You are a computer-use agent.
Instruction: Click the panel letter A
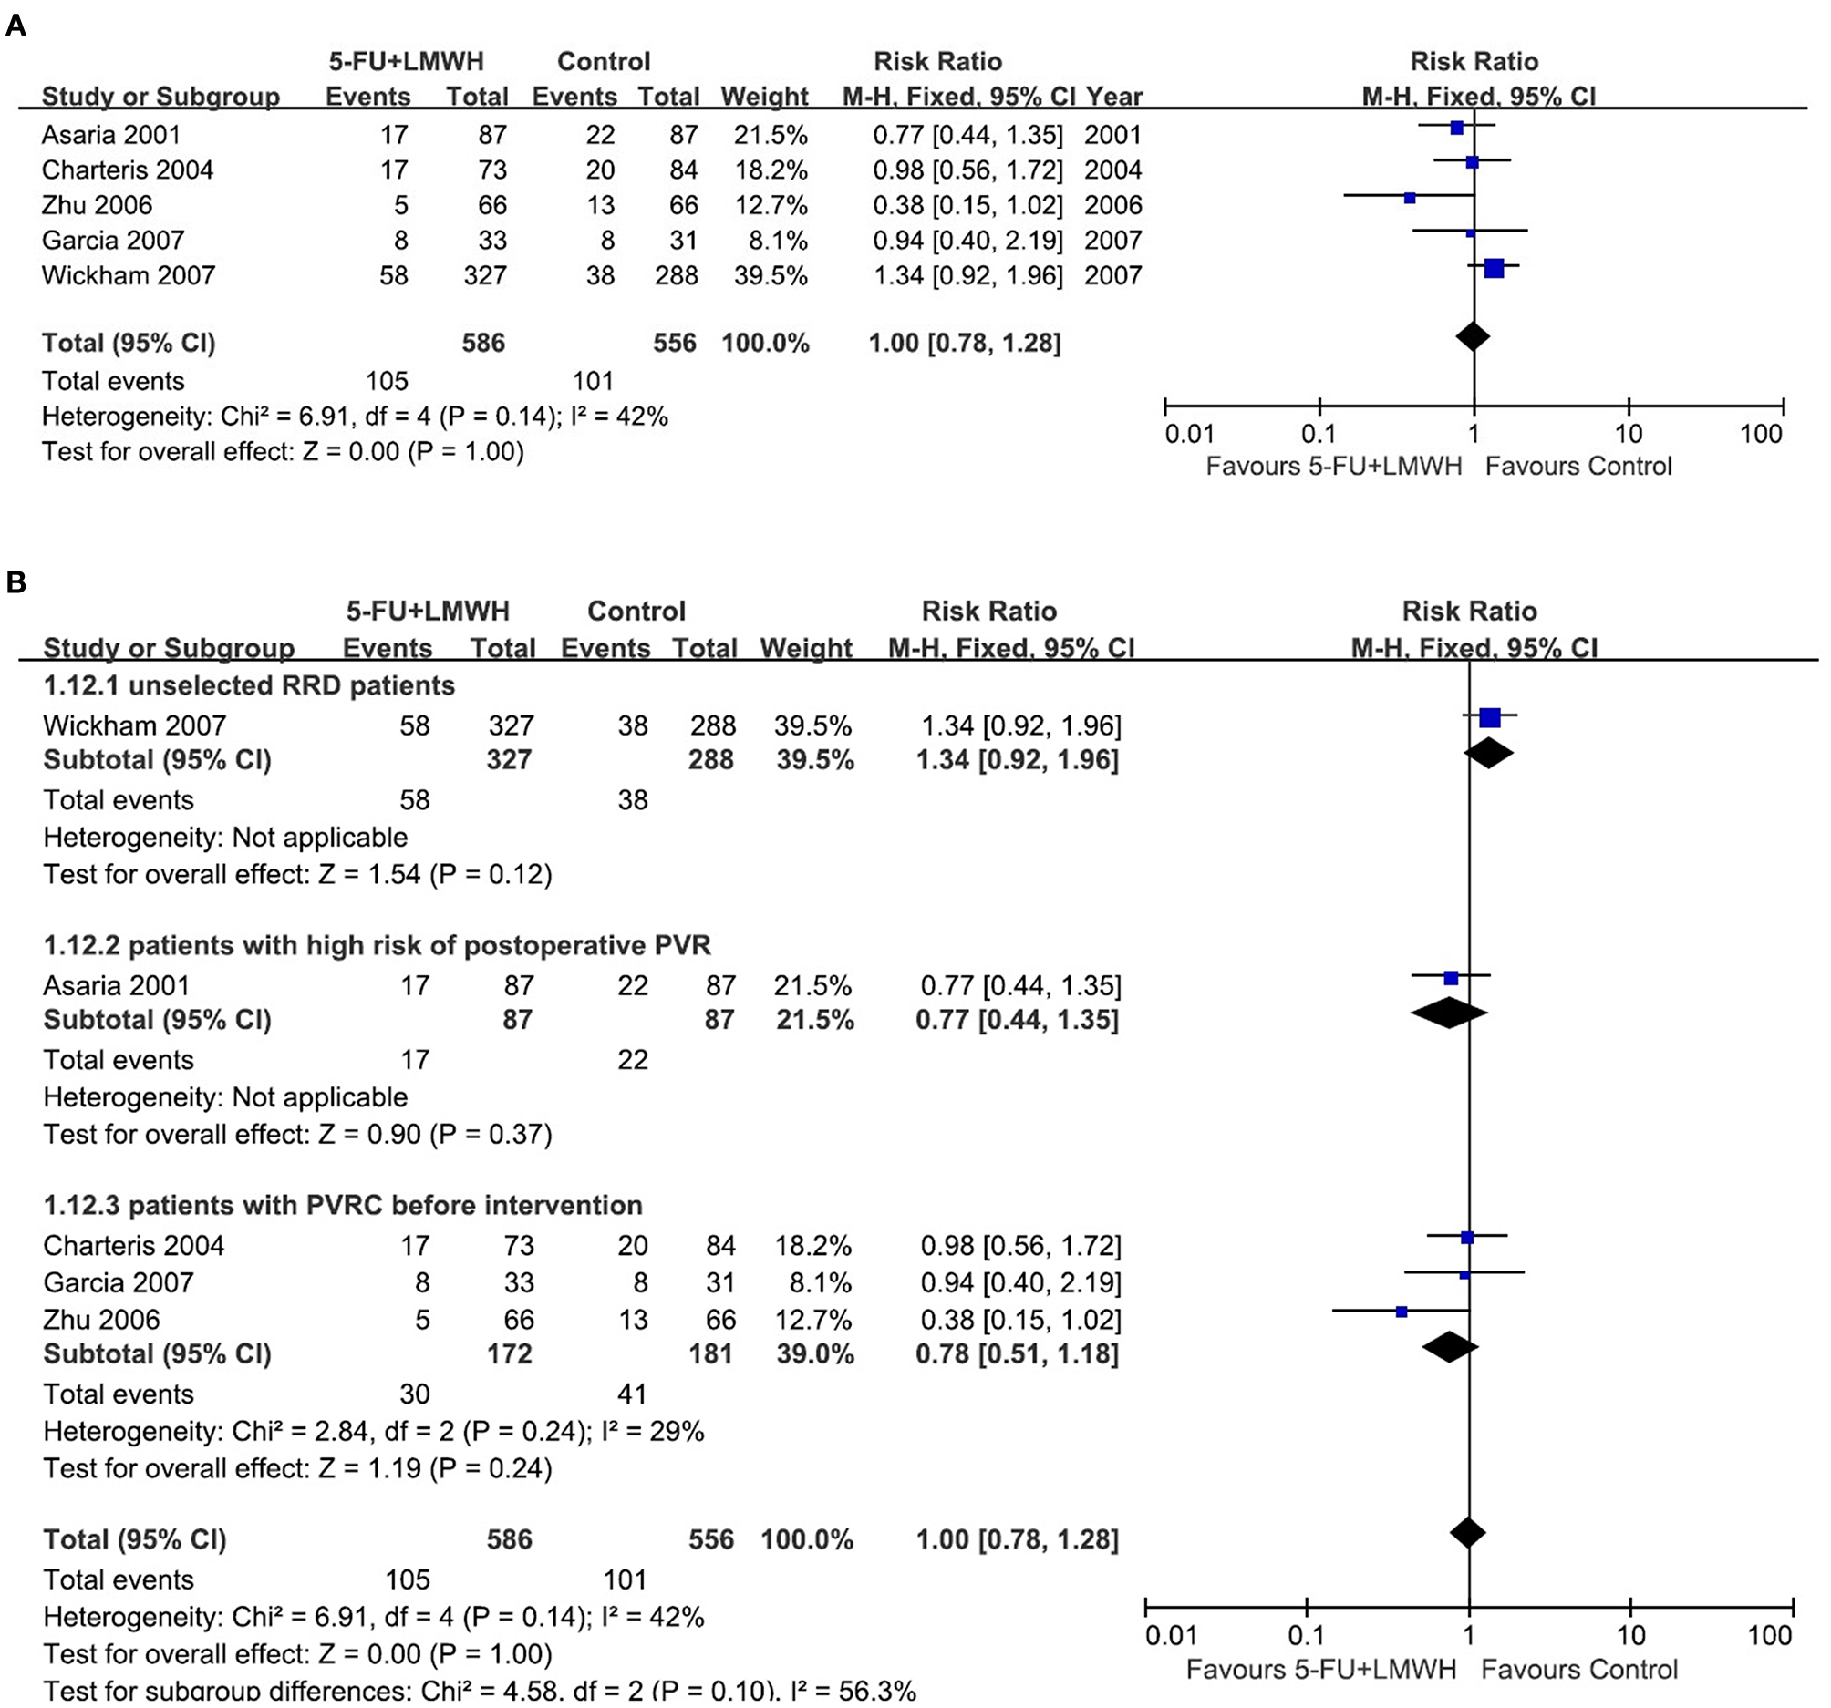tap(16, 26)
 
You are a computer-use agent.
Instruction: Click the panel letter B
tap(16, 582)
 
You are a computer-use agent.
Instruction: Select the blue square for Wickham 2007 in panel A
tap(1494, 268)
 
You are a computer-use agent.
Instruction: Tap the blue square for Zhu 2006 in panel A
tap(1410, 198)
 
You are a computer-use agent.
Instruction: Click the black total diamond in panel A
tap(1474, 337)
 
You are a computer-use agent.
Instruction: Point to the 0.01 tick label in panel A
tap(1189, 434)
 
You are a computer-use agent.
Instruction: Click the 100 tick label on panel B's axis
tap(1769, 1635)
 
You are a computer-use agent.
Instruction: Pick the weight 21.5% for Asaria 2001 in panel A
tap(770, 136)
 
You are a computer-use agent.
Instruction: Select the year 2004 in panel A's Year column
tap(1112, 170)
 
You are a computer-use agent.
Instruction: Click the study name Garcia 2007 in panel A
tap(112, 241)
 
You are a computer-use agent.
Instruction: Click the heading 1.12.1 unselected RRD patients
tap(249, 686)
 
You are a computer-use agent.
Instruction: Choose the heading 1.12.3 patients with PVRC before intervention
tap(343, 1205)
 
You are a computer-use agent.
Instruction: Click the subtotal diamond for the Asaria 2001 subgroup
tap(1449, 1013)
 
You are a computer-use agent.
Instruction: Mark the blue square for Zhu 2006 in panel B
tap(1402, 1312)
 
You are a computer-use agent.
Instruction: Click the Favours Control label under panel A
tap(1578, 466)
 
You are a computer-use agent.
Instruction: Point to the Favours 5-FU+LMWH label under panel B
tap(1320, 1670)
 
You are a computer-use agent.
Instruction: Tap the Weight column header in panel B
tap(806, 648)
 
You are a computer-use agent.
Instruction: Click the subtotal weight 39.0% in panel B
tap(814, 1354)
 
